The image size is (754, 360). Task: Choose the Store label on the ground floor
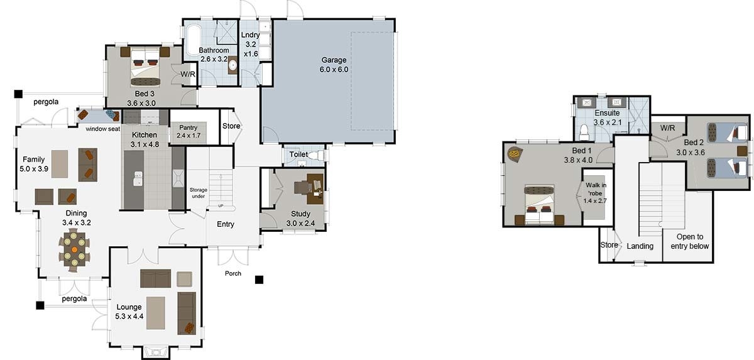231,126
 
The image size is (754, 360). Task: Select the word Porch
233,273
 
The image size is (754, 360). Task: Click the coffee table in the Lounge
156,313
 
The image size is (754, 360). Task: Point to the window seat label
103,129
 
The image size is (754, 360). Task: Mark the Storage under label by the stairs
199,193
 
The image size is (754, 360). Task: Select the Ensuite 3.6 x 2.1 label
606,117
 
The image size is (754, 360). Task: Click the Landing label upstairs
640,246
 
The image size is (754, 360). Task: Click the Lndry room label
250,45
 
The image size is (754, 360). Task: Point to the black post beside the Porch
259,279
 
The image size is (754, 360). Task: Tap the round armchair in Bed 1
515,153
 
